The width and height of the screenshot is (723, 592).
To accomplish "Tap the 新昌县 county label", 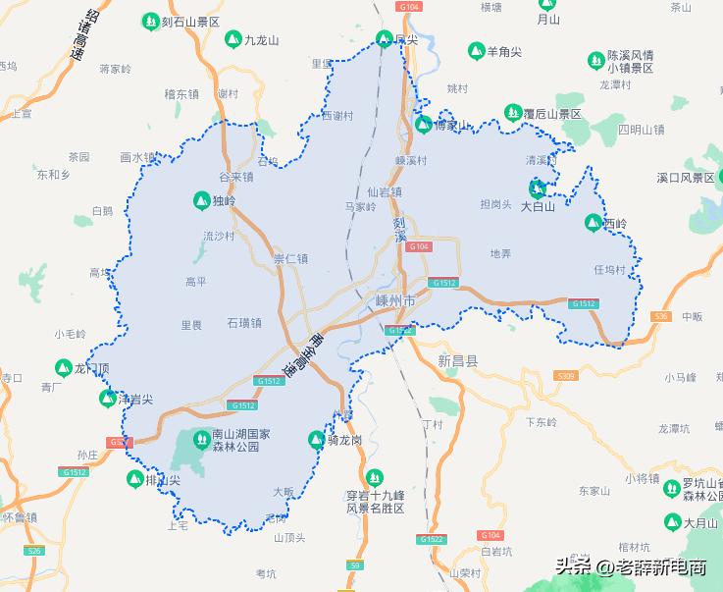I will (457, 361).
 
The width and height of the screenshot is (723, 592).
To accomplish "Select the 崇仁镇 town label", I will (290, 259).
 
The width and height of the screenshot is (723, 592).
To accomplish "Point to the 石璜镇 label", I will (244, 322).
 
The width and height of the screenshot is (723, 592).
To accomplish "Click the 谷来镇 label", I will (235, 177).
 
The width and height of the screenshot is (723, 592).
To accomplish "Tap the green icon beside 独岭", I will (201, 200).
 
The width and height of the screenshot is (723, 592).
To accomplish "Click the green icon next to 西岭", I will (593, 223).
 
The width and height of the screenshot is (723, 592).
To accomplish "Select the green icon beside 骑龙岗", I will (317, 439).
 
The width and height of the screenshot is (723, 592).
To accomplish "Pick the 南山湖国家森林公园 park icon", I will (201, 438).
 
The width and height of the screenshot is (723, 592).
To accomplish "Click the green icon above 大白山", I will (538, 188).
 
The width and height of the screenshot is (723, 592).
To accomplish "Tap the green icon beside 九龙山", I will (232, 39).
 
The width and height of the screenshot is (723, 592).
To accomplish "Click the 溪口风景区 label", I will (687, 178).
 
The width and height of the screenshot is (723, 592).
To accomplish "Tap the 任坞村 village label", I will (609, 269).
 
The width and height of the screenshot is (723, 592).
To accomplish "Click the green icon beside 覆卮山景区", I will (512, 113).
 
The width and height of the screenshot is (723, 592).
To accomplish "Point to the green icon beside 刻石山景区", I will (150, 20).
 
